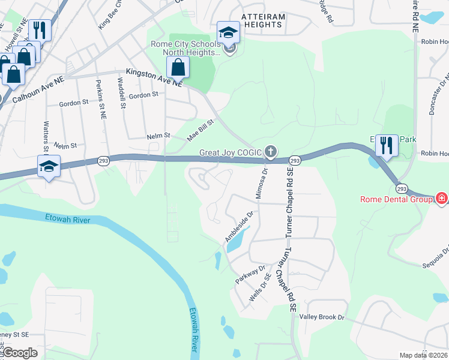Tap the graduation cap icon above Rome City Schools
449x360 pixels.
click(228, 32)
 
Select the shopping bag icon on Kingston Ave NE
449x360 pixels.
click(178, 67)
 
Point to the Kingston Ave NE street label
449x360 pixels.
click(153, 78)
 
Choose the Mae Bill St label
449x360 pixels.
click(200, 130)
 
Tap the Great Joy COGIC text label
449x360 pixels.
click(231, 153)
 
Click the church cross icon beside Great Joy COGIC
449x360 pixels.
click(271, 152)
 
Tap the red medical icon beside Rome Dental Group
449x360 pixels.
click(442, 198)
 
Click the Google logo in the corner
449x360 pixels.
click(20, 353)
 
